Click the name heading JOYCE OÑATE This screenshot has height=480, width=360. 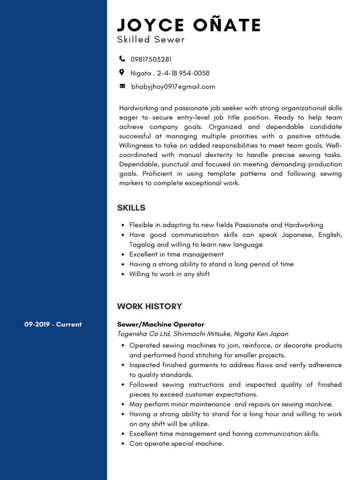[x=189, y=25]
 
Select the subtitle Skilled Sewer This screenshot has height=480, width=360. [x=151, y=40]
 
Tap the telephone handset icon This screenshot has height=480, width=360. [x=122, y=59]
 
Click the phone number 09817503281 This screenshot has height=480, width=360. [x=151, y=60]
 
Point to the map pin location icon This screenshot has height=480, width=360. [x=122, y=73]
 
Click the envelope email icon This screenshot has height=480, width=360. [x=122, y=86]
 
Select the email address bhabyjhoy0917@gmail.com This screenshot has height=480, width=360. [x=173, y=87]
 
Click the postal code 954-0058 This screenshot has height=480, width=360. [x=194, y=73]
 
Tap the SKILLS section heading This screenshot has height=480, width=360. [x=131, y=208]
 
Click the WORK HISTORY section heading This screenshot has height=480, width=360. [x=150, y=307]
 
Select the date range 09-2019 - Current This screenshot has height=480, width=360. [x=53, y=324]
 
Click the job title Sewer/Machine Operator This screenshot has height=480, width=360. [x=161, y=324]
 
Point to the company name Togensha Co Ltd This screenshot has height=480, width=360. [x=144, y=334]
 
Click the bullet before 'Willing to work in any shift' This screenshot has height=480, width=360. [x=122, y=274]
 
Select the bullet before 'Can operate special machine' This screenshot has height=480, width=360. [x=122, y=443]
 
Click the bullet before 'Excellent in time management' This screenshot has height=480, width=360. [x=122, y=255]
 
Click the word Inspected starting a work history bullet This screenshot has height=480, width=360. [x=145, y=365]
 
